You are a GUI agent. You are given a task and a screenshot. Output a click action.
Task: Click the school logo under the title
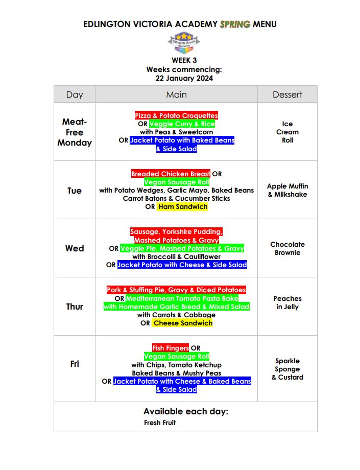point(184,42)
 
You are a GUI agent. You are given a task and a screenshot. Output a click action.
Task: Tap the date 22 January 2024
point(184,78)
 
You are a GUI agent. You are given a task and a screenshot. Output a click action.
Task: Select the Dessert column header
point(287,95)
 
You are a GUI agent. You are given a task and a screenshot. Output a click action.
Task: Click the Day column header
point(75,95)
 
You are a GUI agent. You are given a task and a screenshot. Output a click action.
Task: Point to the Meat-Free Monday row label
point(75,132)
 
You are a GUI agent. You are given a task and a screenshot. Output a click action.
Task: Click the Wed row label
point(75,248)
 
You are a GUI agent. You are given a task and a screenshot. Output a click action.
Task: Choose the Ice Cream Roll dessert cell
point(287,132)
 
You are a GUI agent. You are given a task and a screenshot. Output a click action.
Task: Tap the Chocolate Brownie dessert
point(287,248)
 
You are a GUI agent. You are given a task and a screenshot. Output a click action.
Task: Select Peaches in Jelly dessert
point(287,302)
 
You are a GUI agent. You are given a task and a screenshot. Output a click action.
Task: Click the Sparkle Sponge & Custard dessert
point(287,369)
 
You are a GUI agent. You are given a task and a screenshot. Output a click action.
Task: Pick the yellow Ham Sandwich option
point(182,207)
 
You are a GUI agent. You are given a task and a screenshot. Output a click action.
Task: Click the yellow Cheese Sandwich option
point(182,323)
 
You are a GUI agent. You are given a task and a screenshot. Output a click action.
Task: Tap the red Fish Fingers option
point(171,348)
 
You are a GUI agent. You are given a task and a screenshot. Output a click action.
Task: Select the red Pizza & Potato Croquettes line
point(176,116)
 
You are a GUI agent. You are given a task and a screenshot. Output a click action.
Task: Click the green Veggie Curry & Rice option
point(182,124)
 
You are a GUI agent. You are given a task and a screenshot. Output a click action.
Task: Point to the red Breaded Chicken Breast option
point(171,174)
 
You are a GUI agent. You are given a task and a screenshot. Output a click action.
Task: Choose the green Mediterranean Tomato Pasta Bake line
point(182,298)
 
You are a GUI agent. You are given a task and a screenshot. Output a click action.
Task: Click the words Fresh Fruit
point(160,422)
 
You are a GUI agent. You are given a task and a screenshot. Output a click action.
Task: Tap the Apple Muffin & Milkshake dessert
point(287,190)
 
